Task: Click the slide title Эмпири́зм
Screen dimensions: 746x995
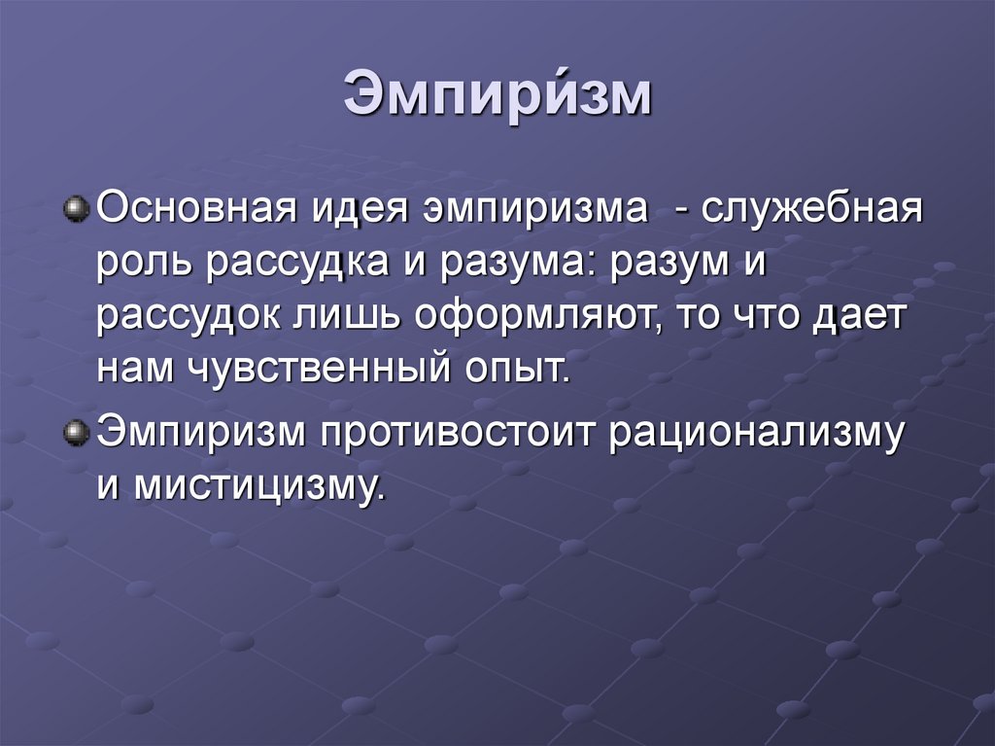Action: (497, 98)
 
